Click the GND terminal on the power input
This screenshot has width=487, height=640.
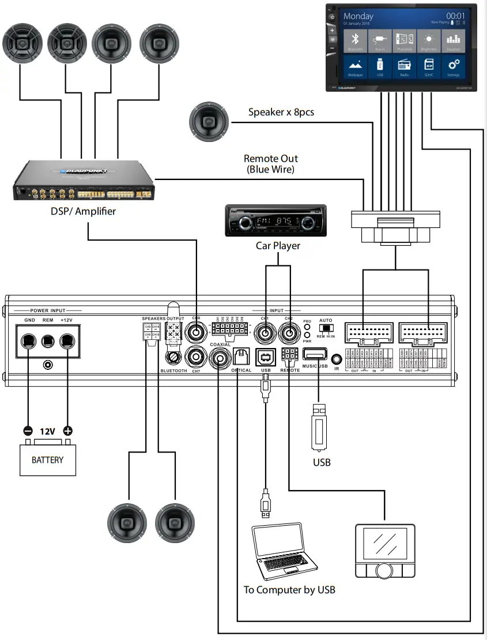tap(28, 341)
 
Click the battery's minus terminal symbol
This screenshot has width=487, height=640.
tap(28, 431)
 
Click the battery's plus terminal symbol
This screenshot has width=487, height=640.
tap(68, 431)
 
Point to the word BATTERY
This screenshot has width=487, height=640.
tap(47, 460)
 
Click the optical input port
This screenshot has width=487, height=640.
tap(240, 357)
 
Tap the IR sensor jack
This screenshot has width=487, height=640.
tap(337, 360)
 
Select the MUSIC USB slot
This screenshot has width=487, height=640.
tap(315, 355)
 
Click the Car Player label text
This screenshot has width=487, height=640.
tap(278, 246)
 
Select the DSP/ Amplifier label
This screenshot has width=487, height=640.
tap(83, 211)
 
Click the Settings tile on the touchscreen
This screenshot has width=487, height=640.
tap(453, 68)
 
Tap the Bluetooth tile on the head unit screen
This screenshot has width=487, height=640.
tap(356, 41)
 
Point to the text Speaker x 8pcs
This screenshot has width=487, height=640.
tap(281, 112)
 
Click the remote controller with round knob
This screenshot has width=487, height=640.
tap(384, 551)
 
